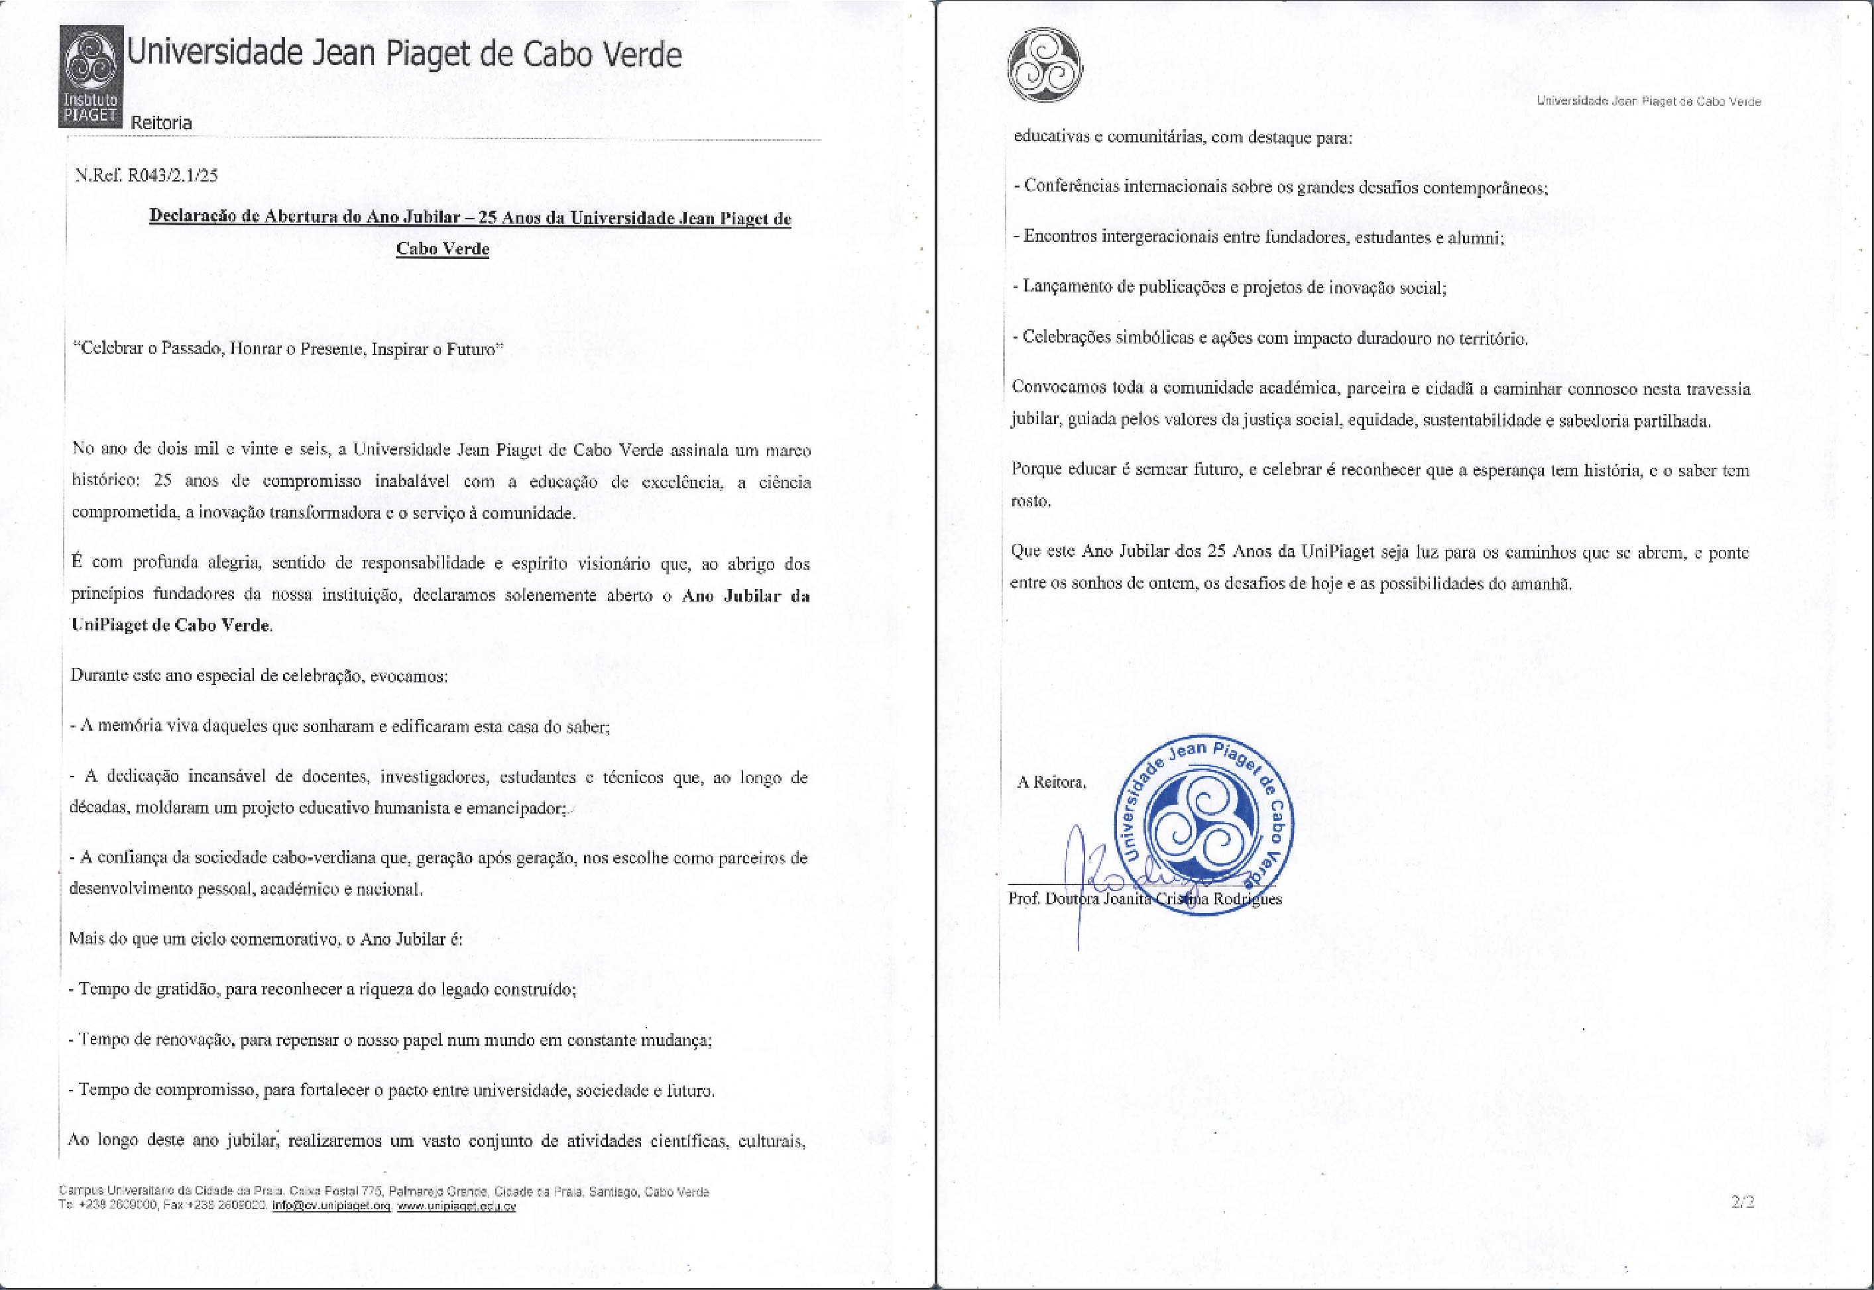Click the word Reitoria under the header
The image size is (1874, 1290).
pyautogui.click(x=161, y=123)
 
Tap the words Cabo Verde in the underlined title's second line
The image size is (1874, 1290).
pyautogui.click(x=442, y=248)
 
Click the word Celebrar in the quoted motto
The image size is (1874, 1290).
pyautogui.click(x=108, y=349)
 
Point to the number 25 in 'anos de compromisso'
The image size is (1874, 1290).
pyautogui.click(x=162, y=481)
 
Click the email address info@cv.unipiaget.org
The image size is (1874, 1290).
pyautogui.click(x=331, y=1205)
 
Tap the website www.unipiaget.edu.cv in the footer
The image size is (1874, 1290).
pyautogui.click(x=456, y=1205)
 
